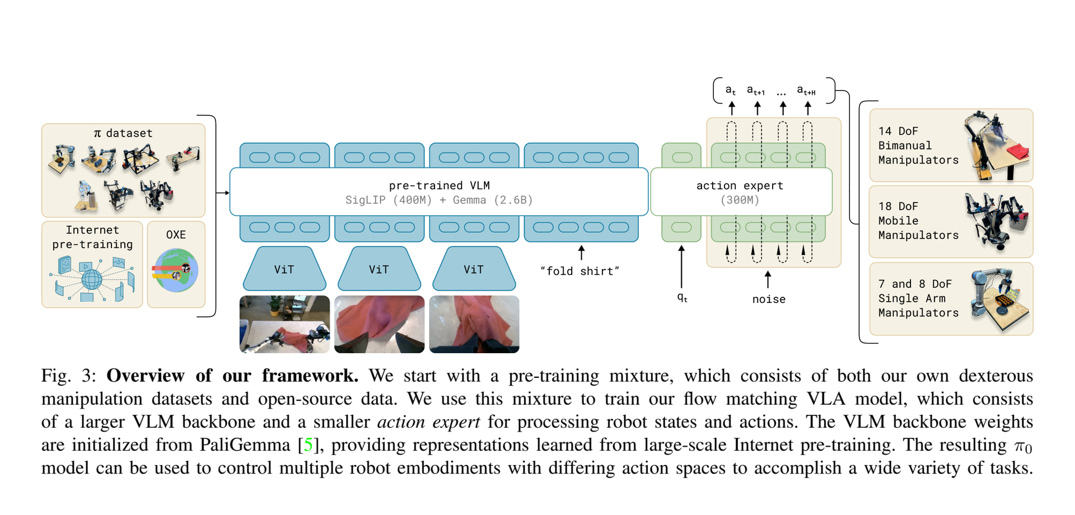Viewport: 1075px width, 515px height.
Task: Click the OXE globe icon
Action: tap(175, 270)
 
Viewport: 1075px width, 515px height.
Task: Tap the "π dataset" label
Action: tap(123, 133)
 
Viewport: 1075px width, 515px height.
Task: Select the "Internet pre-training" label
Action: tap(92, 237)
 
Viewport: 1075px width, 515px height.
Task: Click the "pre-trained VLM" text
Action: tap(439, 186)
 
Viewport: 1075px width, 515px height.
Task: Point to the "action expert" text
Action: tap(740, 186)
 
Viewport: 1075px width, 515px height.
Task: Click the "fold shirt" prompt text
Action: tap(579, 271)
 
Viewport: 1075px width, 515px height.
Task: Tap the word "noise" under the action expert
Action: tap(769, 299)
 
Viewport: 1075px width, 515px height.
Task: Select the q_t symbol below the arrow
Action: tap(682, 298)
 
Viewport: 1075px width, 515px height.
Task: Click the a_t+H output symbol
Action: tap(806, 90)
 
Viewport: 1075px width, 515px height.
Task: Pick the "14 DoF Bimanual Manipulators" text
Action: tap(918, 146)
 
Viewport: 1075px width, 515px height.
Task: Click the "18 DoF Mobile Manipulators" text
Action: tap(918, 221)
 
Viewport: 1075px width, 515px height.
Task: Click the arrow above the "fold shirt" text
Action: tap(581, 252)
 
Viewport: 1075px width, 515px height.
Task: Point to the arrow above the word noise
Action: tap(768, 279)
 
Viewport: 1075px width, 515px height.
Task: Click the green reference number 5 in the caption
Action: tap(308, 445)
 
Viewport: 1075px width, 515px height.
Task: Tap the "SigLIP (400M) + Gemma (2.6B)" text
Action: tap(439, 200)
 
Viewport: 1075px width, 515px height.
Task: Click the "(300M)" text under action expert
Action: tap(740, 200)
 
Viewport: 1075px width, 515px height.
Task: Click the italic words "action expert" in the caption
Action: tap(428, 422)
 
